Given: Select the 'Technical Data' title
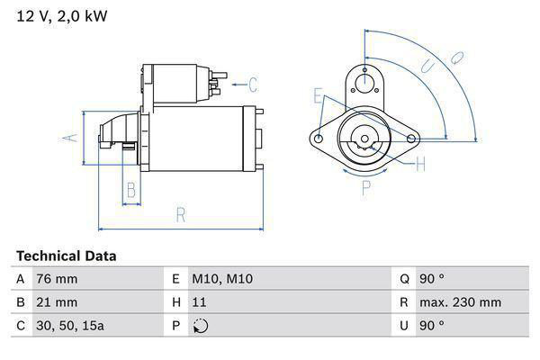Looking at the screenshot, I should [66, 256].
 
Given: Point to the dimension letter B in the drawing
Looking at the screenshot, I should [131, 190].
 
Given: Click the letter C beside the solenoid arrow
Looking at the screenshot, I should [253, 85].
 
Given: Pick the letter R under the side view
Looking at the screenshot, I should [180, 214].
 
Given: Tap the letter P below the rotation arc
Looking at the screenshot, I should [366, 188].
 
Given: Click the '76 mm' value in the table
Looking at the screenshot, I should [56, 279].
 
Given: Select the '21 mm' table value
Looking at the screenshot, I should [56, 302].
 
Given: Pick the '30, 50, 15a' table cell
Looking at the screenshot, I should [69, 326].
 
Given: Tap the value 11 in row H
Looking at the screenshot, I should [200, 302].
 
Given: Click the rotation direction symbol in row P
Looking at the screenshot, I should [200, 326].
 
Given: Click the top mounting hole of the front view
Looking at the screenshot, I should [364, 84].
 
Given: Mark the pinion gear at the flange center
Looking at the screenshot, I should [364, 140].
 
